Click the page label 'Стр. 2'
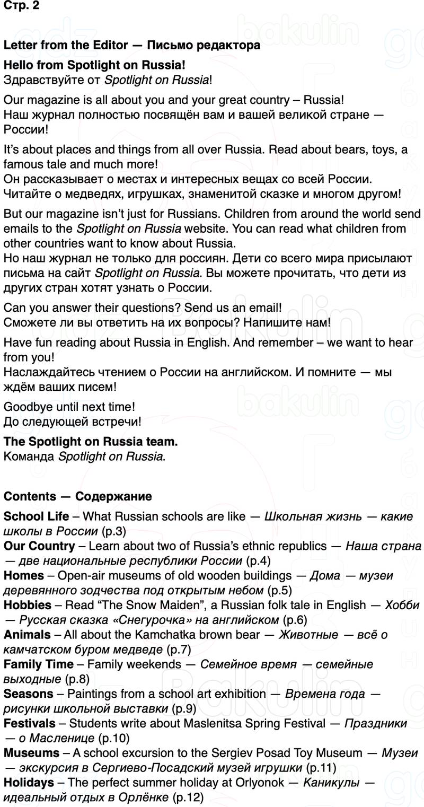coord(21,6)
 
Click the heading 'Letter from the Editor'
coord(66,45)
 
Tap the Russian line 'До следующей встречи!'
coord(72,422)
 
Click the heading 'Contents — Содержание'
coord(77,496)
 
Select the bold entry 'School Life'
coord(36,516)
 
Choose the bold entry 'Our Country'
coord(39,546)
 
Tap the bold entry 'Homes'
coord(24,576)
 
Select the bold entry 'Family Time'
coord(39,664)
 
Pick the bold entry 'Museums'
coord(31,753)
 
